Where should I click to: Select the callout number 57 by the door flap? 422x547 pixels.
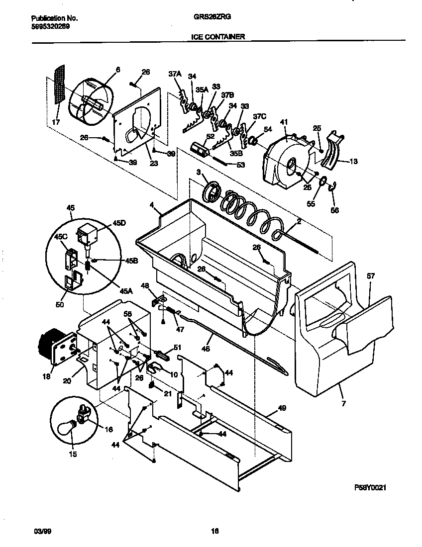coord(371,276)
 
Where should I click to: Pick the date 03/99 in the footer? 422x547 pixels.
coord(42,531)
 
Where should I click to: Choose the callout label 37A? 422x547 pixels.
coord(174,74)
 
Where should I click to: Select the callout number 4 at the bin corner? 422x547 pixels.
coord(151,204)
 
